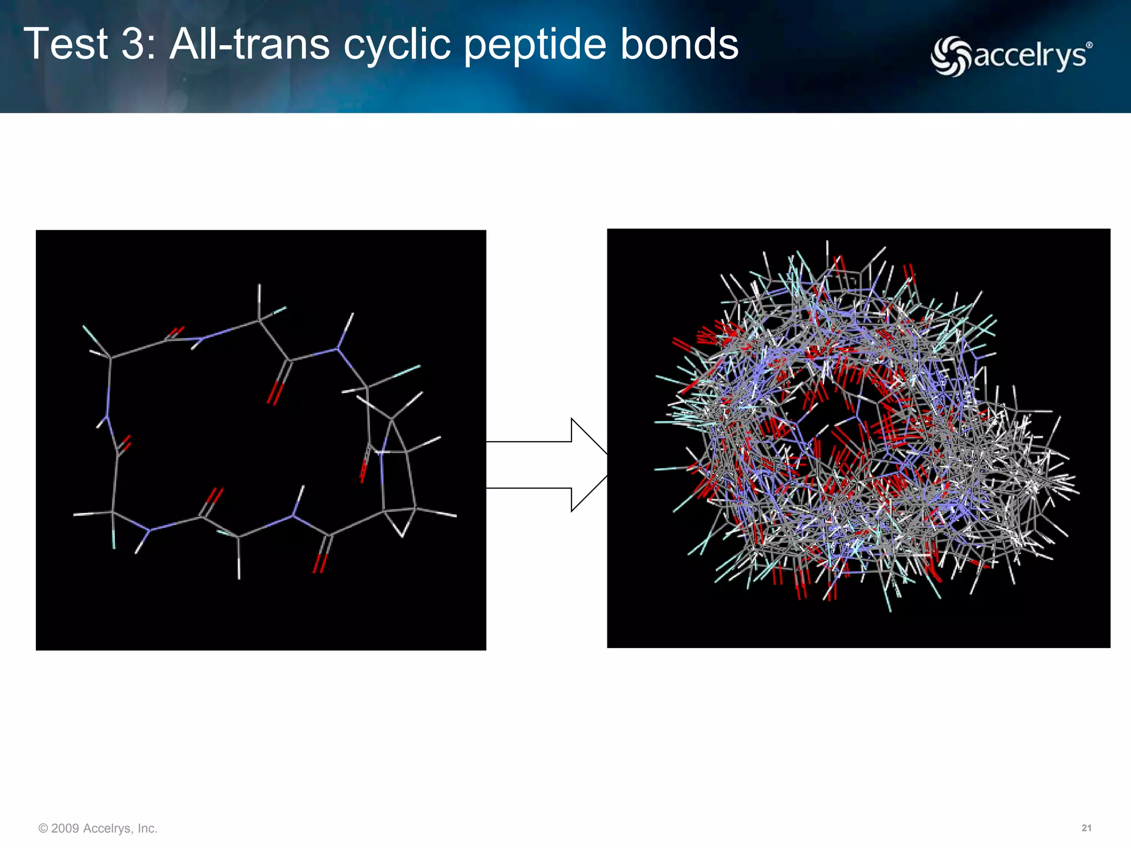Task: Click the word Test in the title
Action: pyautogui.click(x=66, y=44)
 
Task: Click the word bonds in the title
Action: pyautogui.click(x=679, y=44)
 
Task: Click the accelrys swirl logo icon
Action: pyautogui.click(x=950, y=56)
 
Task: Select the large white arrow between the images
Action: pyautogui.click(x=552, y=465)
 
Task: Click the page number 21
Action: pyautogui.click(x=1086, y=828)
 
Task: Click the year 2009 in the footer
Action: pyautogui.click(x=65, y=828)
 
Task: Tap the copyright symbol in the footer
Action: pyautogui.click(x=43, y=828)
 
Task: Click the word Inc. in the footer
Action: pyautogui.click(x=147, y=828)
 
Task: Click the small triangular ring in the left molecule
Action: pyautogui.click(x=401, y=518)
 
